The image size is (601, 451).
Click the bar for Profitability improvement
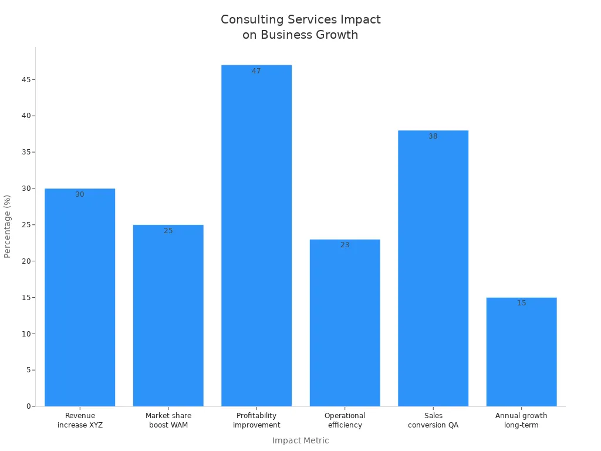point(256,235)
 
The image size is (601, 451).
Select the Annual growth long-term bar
point(521,352)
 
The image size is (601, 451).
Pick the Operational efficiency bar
point(345,323)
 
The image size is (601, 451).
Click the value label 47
point(256,71)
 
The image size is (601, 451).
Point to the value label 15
point(521,303)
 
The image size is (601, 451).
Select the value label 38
point(433,136)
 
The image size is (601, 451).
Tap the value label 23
point(345,245)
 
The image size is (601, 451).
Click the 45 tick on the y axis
point(27,79)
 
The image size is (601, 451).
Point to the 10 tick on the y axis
point(27,334)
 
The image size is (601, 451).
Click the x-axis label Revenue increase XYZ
point(80,420)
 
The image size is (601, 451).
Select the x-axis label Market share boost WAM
point(168,420)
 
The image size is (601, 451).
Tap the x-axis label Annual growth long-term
point(521,420)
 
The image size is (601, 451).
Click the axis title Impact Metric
point(300,440)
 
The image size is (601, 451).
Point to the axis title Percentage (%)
point(8,226)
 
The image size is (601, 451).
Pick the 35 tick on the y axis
point(27,152)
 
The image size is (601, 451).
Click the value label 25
point(168,231)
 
